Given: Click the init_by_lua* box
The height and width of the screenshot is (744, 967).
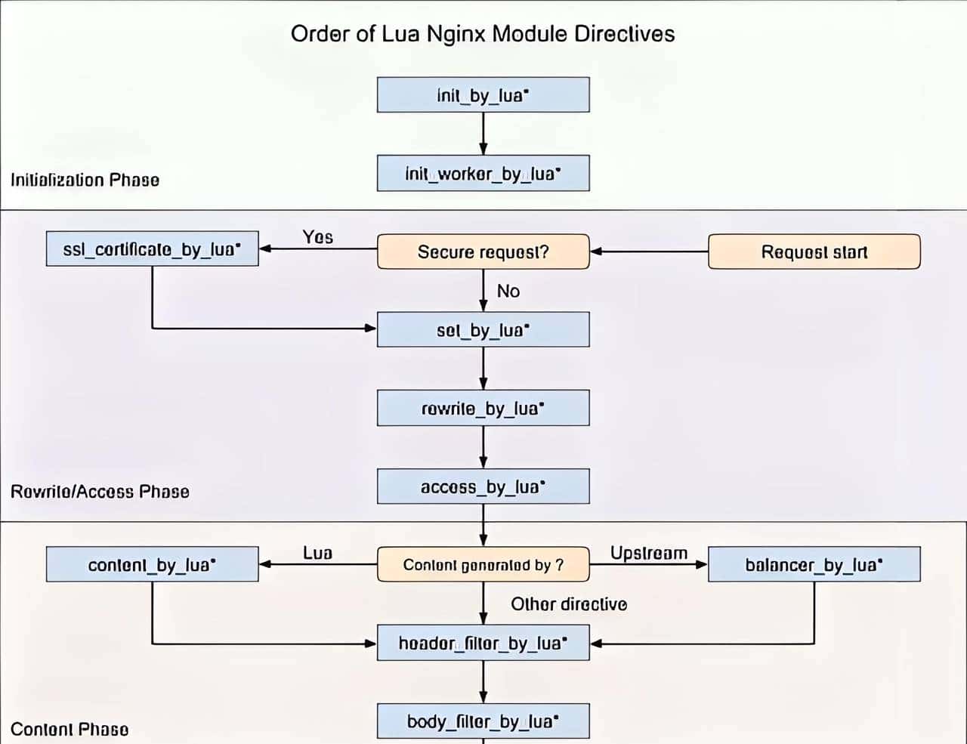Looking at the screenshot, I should tap(483, 95).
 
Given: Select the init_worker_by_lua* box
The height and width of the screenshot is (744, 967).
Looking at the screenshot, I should tap(483, 174).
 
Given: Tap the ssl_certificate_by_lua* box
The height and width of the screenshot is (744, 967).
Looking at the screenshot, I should tap(152, 249).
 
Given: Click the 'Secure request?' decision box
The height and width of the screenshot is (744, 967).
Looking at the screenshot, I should tap(483, 252).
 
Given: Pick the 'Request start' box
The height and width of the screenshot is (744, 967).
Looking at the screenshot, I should tap(814, 252).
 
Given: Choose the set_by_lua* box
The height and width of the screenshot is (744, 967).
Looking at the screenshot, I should tap(483, 330).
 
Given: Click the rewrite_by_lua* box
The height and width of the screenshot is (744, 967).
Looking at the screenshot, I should tap(483, 409).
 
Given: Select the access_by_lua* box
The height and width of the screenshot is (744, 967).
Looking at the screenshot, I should tap(483, 486).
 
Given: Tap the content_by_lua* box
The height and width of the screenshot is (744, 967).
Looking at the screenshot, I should tap(152, 565).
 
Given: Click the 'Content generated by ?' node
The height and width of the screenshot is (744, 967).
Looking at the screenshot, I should tap(483, 565).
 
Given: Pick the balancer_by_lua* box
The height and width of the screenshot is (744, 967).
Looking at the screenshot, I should tap(814, 565).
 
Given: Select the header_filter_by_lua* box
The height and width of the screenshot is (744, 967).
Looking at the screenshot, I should tap(483, 644).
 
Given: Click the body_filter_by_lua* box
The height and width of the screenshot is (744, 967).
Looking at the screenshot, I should tap(483, 721).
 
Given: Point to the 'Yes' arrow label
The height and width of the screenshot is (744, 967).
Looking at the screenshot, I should tap(317, 237).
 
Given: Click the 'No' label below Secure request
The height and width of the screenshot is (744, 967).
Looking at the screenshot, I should tap(508, 292).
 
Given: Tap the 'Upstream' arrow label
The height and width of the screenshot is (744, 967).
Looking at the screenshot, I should tap(649, 553).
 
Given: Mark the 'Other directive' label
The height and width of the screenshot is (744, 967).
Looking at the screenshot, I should tap(569, 604).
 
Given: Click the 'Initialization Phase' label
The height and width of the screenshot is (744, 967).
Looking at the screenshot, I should tap(85, 180).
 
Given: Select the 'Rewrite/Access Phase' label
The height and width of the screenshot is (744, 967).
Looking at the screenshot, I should tap(100, 492).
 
